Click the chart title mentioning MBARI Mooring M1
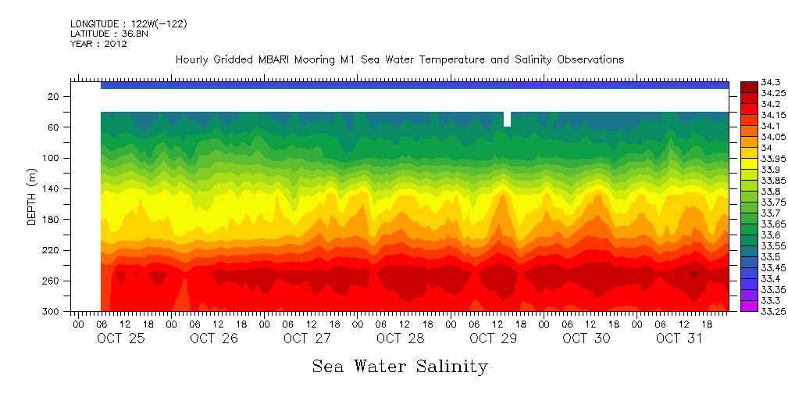click(x=399, y=60)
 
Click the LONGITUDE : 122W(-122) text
click(x=128, y=24)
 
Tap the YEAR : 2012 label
click(x=98, y=45)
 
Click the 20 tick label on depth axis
click(x=54, y=96)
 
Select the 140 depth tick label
click(x=52, y=188)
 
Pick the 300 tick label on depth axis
click(x=52, y=312)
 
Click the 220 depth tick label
click(x=52, y=250)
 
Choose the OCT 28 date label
click(x=400, y=338)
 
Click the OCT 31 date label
click(x=679, y=338)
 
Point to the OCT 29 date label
click(x=493, y=338)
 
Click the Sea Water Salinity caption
click(x=400, y=366)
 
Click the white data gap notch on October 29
click(x=508, y=119)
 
